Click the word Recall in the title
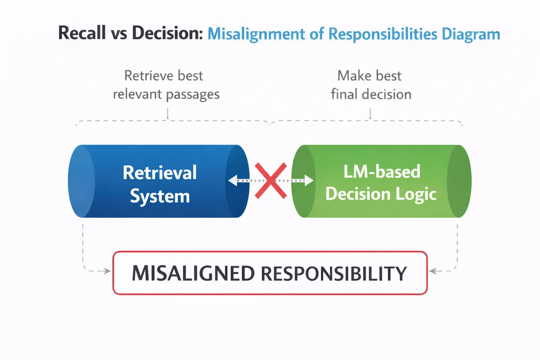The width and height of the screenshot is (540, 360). point(82,32)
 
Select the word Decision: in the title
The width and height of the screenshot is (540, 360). point(167,32)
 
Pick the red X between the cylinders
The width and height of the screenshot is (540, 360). point(271,181)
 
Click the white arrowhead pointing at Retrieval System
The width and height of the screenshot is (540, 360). point(233,181)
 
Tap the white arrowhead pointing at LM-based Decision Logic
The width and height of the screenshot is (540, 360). point(309,181)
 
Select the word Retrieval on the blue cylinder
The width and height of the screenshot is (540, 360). point(160,172)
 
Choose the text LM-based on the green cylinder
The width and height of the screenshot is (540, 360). point(382,171)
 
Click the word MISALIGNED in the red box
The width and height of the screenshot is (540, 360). point(193,274)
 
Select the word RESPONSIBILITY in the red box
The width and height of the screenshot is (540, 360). point(334,274)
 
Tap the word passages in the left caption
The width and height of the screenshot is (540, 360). point(192,95)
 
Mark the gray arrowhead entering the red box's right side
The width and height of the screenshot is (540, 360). point(433,271)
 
